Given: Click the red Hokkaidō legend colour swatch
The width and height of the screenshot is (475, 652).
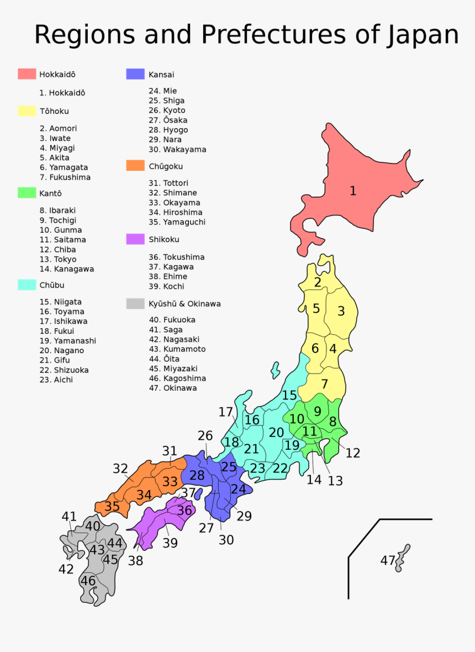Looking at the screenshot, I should [x=27, y=74].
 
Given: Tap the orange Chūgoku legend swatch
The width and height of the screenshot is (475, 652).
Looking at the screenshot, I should [x=135, y=166].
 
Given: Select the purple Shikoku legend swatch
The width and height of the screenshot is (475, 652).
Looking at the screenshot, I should [x=135, y=239].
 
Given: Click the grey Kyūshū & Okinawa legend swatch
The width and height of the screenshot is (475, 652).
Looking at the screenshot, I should [x=135, y=304].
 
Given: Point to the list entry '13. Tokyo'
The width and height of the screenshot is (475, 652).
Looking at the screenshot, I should [x=58, y=259].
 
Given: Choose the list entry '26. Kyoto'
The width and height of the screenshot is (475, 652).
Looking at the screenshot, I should [x=167, y=111].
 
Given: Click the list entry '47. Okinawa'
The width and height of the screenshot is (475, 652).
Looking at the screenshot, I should [x=172, y=388].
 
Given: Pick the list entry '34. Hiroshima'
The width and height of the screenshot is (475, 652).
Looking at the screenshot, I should [x=175, y=212].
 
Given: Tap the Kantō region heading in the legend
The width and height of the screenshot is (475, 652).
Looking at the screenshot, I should [x=50, y=193].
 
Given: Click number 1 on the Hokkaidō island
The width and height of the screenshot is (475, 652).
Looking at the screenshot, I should [x=353, y=191].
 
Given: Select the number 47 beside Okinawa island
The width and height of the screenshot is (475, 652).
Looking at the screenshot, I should [x=388, y=560].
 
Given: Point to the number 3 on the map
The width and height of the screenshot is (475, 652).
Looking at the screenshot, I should [x=341, y=311].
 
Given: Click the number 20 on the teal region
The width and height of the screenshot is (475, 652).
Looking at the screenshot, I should [x=276, y=433].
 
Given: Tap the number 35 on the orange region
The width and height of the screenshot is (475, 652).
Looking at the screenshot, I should [x=112, y=506].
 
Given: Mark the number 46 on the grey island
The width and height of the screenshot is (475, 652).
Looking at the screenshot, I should [x=88, y=581].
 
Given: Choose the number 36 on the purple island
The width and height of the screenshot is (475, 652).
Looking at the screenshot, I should [x=184, y=511].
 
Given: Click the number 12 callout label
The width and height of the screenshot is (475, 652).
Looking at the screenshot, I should [x=352, y=453].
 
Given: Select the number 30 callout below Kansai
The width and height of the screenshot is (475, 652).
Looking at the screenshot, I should [x=226, y=540].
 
